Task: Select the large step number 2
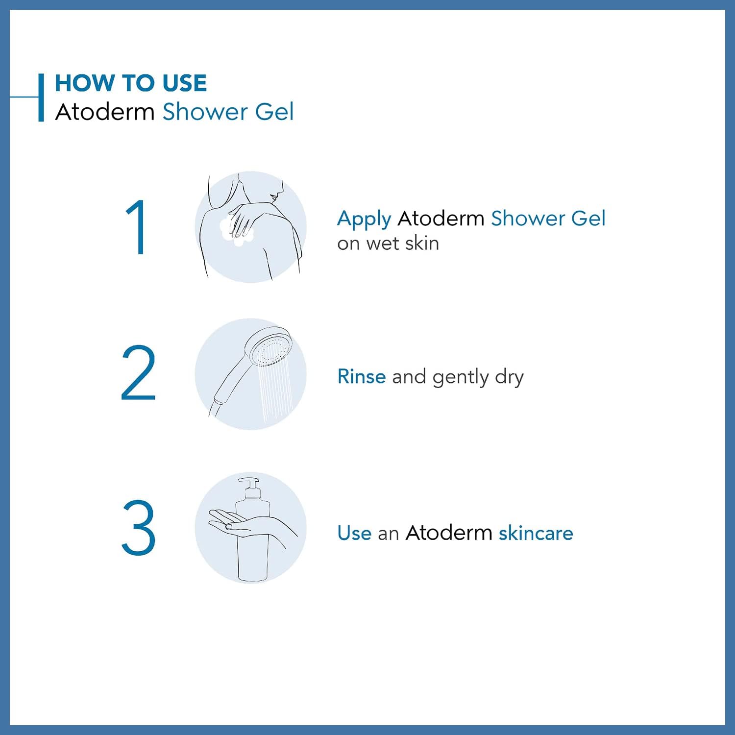pos(138,373)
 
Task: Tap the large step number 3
pos(138,527)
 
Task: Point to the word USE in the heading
pos(184,83)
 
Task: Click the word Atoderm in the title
pos(105,112)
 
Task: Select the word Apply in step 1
pos(364,219)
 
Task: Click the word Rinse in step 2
pos(362,376)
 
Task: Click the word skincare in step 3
pos(536,533)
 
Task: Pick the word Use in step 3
pos(354,533)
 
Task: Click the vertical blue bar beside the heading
pos(41,98)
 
